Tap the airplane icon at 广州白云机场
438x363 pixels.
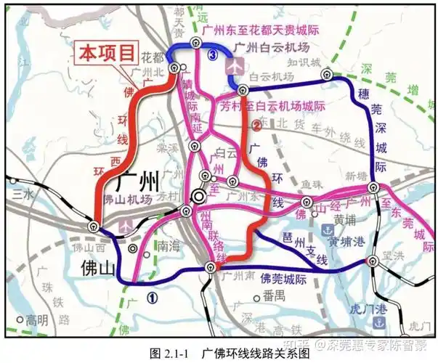click(x=234, y=65)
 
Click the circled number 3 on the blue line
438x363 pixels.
click(x=212, y=55)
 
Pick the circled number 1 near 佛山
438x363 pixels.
click(x=152, y=296)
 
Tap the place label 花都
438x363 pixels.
click(x=152, y=57)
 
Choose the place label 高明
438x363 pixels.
click(x=36, y=319)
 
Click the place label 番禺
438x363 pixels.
click(x=274, y=295)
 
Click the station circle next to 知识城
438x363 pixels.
click(x=328, y=74)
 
